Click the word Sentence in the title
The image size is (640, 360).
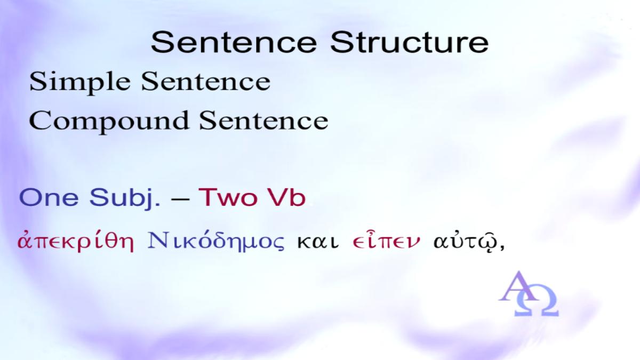pyautogui.click(x=234, y=42)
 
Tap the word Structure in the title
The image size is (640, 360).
pyautogui.click(x=410, y=42)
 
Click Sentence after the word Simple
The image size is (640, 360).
pyautogui.click(x=206, y=82)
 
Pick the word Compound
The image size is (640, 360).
pyautogui.click(x=109, y=122)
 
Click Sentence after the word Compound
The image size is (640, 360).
pyautogui.click(x=263, y=121)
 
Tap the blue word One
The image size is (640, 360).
pyautogui.click(x=49, y=197)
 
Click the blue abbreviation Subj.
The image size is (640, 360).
pyautogui.click(x=125, y=198)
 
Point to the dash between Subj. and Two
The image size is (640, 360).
pyautogui.click(x=180, y=198)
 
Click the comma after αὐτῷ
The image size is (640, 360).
pyautogui.click(x=502, y=247)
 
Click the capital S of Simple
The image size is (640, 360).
pyautogui.click(x=38, y=82)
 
